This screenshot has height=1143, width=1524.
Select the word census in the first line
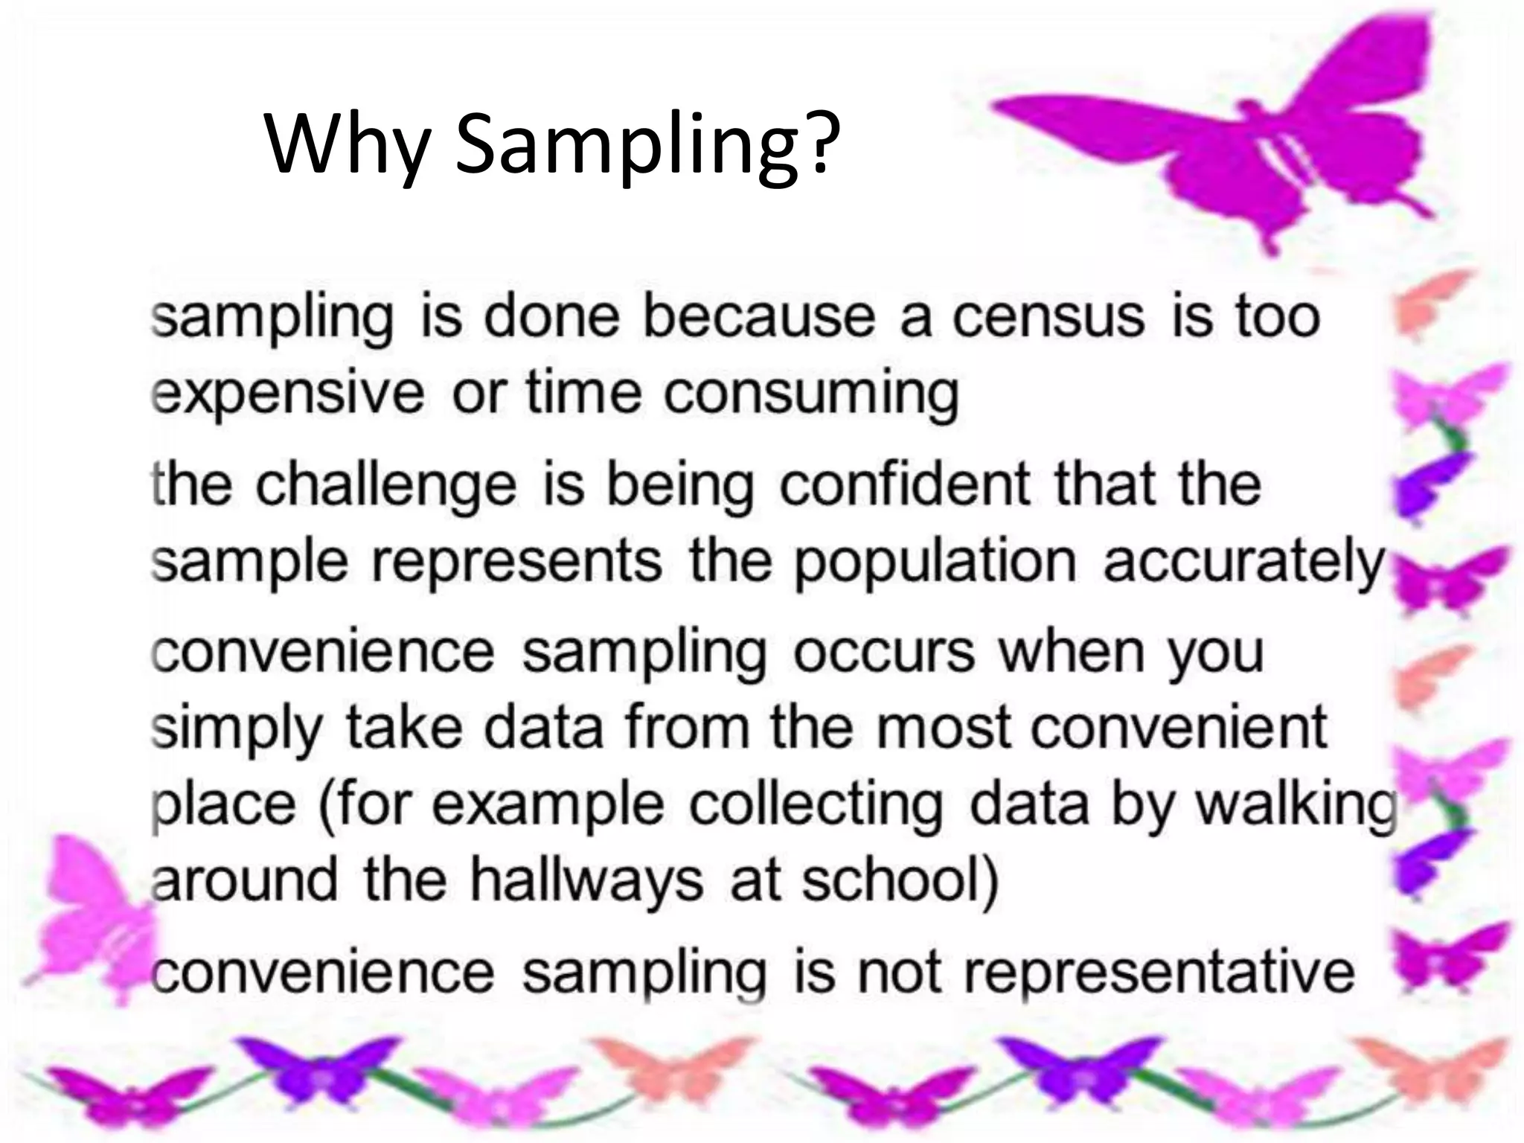tap(1048, 316)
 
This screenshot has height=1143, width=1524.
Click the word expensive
tap(286, 394)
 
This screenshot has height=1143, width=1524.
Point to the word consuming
tap(811, 394)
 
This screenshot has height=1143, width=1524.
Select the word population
tap(934, 563)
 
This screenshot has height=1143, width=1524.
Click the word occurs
tap(883, 652)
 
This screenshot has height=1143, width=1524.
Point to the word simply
tap(236, 729)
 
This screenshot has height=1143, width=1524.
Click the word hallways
tap(586, 881)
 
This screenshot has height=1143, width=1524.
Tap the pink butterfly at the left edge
tap(89, 915)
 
